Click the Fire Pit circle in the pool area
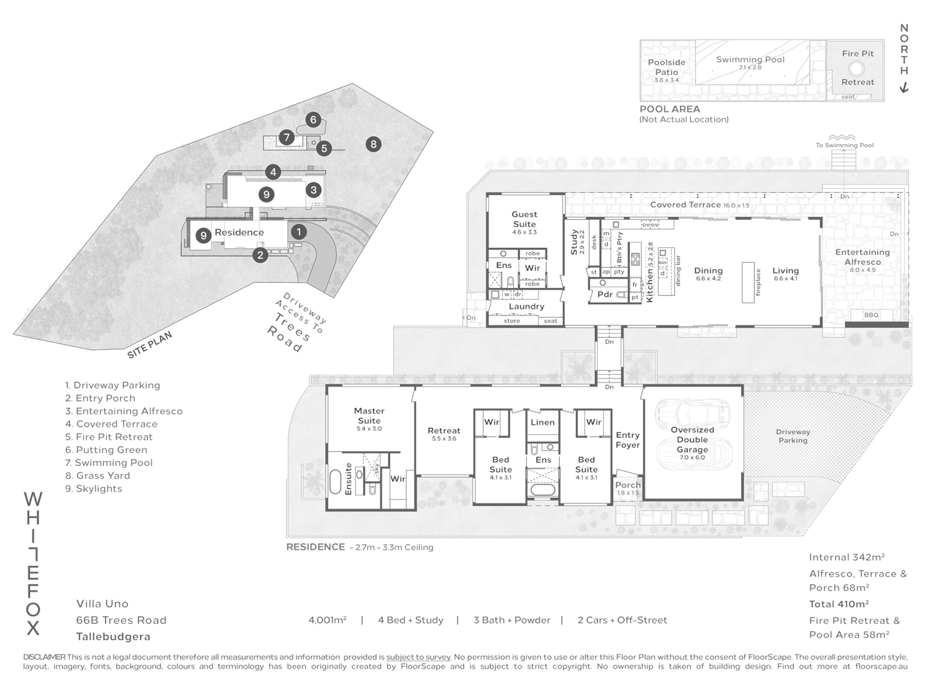pos(857,68)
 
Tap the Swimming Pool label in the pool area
pos(750,60)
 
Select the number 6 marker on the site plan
pos(313,119)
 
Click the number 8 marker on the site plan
pos(373,144)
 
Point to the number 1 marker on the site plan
pos(298,231)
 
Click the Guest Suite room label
pos(524,219)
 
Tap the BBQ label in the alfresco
pos(871,315)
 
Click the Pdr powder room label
pos(605,294)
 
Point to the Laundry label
pos(526,306)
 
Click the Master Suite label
pos(369,416)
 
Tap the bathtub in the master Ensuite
pos(336,483)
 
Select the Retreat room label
pos(444,430)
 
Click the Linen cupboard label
pos(542,422)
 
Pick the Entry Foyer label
pos(627,439)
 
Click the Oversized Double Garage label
pos(692,439)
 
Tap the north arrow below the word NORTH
pos(904,88)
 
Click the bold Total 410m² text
pos(838,604)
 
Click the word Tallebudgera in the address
pos(113,637)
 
